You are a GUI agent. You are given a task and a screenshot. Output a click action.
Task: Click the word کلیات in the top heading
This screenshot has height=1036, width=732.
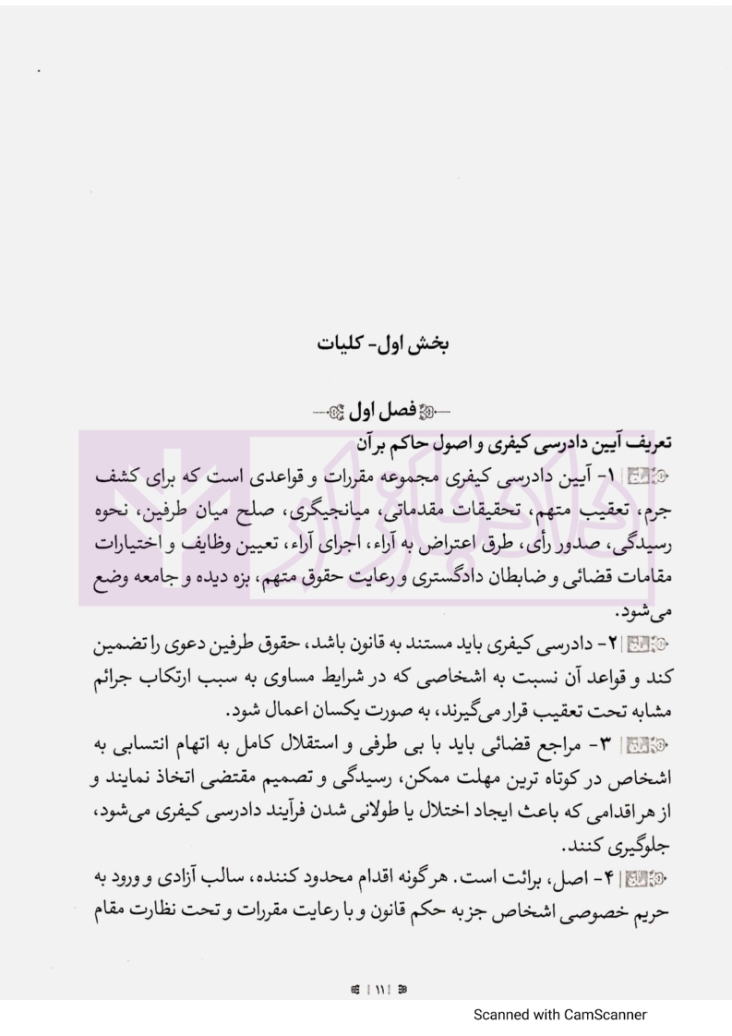point(344,346)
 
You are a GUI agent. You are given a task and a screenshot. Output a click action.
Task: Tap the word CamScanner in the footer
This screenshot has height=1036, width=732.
point(595,1015)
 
